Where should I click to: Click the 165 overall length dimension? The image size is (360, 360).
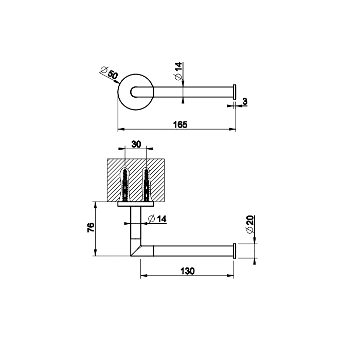180,124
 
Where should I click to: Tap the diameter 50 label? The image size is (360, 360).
110,72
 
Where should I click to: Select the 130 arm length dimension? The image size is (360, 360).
188,271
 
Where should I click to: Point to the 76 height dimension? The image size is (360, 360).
91,227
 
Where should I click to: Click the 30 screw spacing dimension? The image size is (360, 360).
136,145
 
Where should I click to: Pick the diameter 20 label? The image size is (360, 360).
250,224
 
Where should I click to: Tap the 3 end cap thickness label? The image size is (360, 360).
245,101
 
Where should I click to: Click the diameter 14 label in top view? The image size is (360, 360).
178,71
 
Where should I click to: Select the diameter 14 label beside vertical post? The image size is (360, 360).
157,219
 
